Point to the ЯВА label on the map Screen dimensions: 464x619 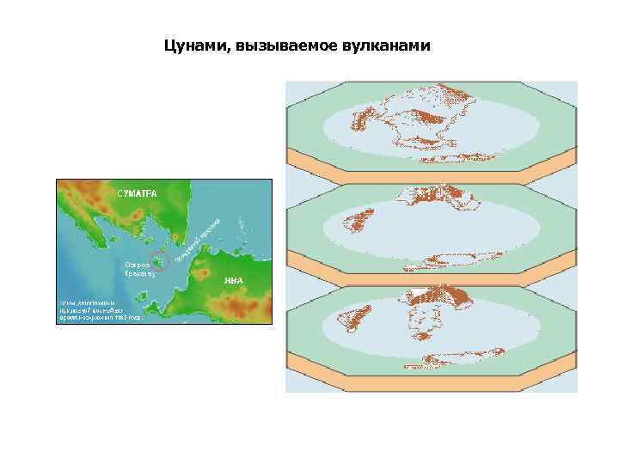[x=235, y=279]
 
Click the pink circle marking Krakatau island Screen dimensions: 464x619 [x=158, y=261]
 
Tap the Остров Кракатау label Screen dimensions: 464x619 [x=138, y=268]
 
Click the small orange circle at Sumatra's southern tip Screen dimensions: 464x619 [x=178, y=235]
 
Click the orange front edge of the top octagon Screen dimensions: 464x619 [x=431, y=168]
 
